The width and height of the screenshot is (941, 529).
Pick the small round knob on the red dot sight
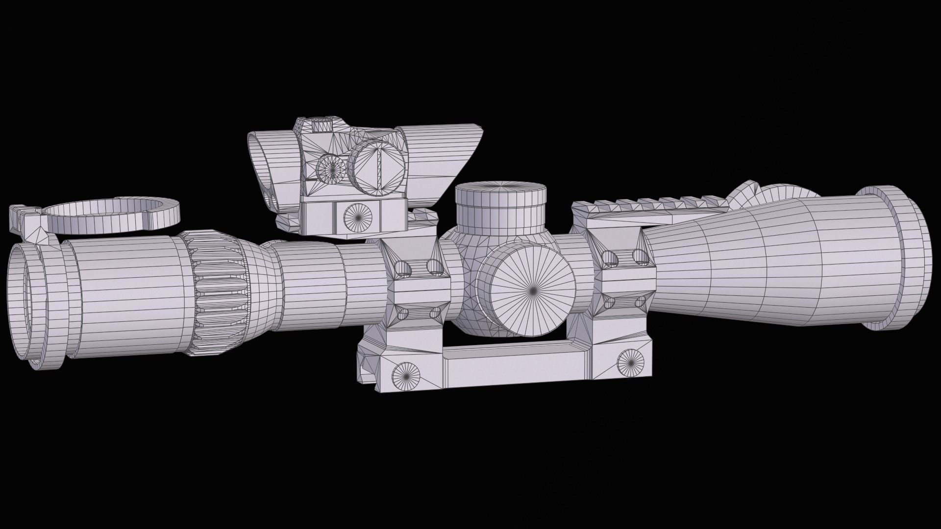[x=331, y=168]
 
